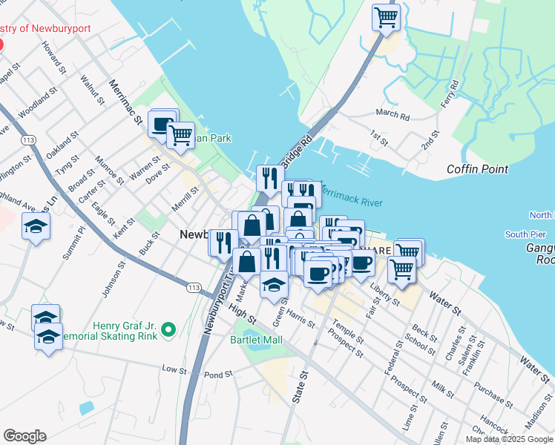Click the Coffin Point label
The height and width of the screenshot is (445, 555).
tap(477, 169)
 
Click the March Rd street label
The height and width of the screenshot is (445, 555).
tap(393, 115)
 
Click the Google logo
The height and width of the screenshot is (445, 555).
tap(24, 436)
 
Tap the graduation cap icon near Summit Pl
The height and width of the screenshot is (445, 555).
tap(36, 226)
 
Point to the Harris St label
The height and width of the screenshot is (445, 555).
tap(300, 320)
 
